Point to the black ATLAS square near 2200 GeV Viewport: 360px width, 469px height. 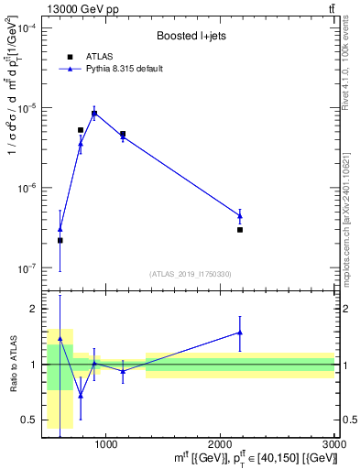point(240,230)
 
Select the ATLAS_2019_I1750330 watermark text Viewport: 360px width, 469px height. point(191,273)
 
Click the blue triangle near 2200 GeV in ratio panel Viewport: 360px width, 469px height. point(240,333)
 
